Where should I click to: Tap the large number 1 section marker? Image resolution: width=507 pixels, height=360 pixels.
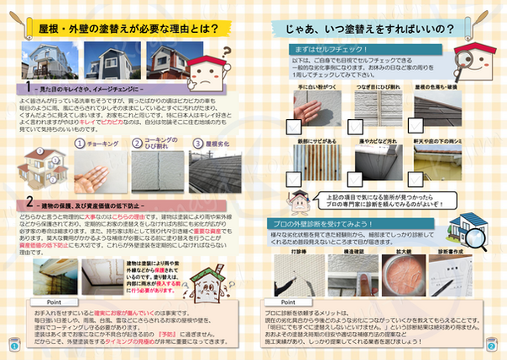(x=29, y=86)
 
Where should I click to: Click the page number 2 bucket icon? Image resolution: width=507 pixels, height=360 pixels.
(x=491, y=345)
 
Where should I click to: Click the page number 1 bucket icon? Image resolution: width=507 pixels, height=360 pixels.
(x=14, y=345)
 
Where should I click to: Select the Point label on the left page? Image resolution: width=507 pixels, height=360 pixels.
(x=50, y=300)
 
